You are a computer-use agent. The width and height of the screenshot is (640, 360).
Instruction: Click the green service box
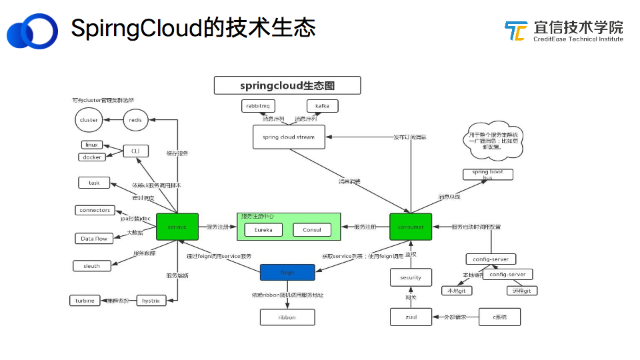[x=177, y=227]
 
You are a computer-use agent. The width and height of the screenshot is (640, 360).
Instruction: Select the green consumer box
[x=411, y=227]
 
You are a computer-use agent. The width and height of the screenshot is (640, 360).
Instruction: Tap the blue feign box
[x=287, y=273]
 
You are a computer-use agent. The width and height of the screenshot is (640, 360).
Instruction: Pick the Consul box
[x=311, y=229]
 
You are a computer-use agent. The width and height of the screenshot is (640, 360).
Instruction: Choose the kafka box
[x=322, y=105]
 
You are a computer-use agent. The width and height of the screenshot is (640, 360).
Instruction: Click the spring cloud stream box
[x=289, y=137]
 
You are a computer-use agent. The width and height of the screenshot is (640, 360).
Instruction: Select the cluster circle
[x=89, y=120]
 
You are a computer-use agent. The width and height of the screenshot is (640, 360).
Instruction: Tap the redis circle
[x=136, y=120]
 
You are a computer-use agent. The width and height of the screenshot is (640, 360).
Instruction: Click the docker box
[x=92, y=157]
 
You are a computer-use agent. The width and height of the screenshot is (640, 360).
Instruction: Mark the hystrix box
[x=151, y=301]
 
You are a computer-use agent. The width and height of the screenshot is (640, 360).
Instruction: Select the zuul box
[x=411, y=317]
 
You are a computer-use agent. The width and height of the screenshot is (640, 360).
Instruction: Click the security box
[x=411, y=277]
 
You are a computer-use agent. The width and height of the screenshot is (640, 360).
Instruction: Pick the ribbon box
[x=287, y=317]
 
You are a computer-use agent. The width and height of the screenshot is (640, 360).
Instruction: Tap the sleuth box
[x=92, y=265]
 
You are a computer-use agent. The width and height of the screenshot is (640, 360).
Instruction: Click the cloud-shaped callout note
[x=494, y=141]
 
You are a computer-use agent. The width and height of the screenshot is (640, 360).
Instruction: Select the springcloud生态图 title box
[x=287, y=85]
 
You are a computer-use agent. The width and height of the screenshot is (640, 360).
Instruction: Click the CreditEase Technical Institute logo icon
[x=515, y=31]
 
